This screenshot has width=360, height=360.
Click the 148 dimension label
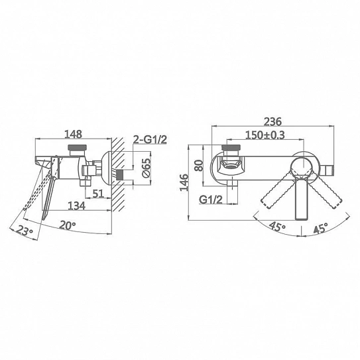click(73, 134)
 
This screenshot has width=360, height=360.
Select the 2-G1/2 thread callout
click(150, 139)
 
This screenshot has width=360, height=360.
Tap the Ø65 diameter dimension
click(147, 168)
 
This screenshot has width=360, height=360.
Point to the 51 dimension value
click(98, 194)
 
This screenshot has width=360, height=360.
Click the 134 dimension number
click(77, 206)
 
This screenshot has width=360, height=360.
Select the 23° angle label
click(25, 231)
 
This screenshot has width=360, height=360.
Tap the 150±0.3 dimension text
click(265, 135)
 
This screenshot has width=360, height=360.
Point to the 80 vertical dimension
click(199, 165)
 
